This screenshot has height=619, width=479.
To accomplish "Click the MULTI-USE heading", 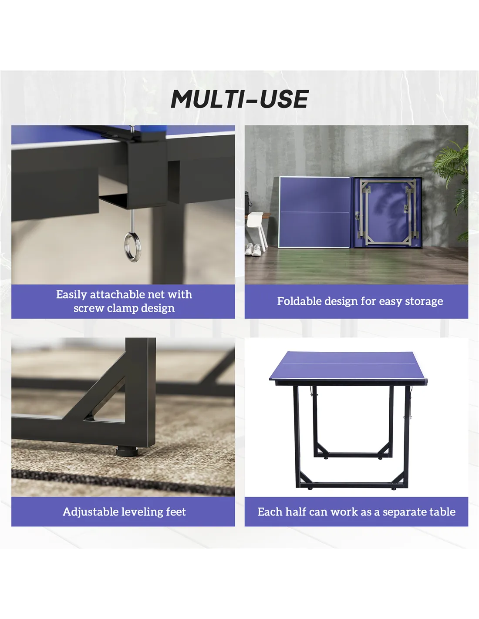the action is point(239,99).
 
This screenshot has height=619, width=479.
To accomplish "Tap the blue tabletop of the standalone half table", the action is point(348,366).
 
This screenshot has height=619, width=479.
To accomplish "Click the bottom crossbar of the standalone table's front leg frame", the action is point(351,485).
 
